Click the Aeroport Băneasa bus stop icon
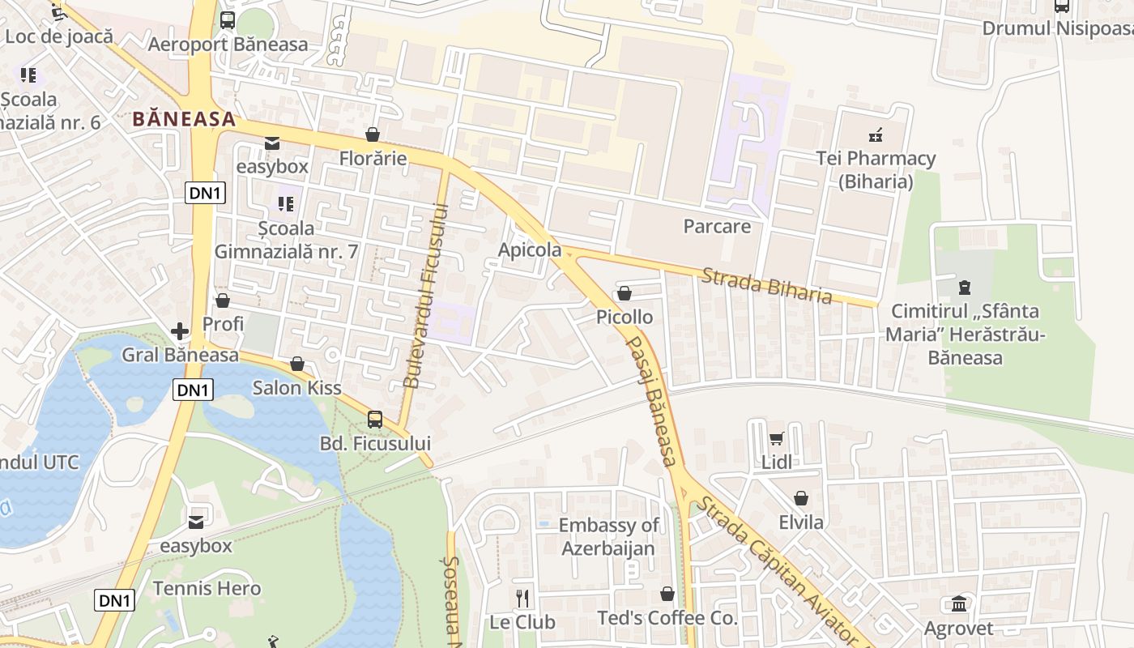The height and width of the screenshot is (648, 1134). (228, 20)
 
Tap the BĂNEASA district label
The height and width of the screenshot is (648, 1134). (184, 119)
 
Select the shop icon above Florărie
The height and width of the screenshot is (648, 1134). (373, 134)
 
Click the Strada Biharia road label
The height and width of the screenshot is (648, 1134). (766, 285)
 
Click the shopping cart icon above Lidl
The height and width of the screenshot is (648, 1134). (777, 438)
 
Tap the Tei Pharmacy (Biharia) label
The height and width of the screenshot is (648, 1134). (876, 169)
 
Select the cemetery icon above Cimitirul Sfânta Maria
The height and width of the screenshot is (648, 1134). (964, 287)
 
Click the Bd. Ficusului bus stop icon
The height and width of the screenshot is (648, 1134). (375, 419)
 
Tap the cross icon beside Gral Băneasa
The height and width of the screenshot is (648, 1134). (180, 331)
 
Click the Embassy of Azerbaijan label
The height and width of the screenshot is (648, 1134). (608, 536)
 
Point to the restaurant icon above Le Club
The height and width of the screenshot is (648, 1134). (522, 599)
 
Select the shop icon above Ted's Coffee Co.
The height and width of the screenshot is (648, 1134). (667, 595)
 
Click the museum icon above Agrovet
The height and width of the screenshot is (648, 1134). (959, 603)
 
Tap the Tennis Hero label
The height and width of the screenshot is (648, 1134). (207, 588)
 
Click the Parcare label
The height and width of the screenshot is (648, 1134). (717, 226)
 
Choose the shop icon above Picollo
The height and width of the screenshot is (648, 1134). (625, 292)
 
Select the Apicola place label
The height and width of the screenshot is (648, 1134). (530, 249)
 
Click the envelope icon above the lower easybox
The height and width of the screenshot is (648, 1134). (196, 522)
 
